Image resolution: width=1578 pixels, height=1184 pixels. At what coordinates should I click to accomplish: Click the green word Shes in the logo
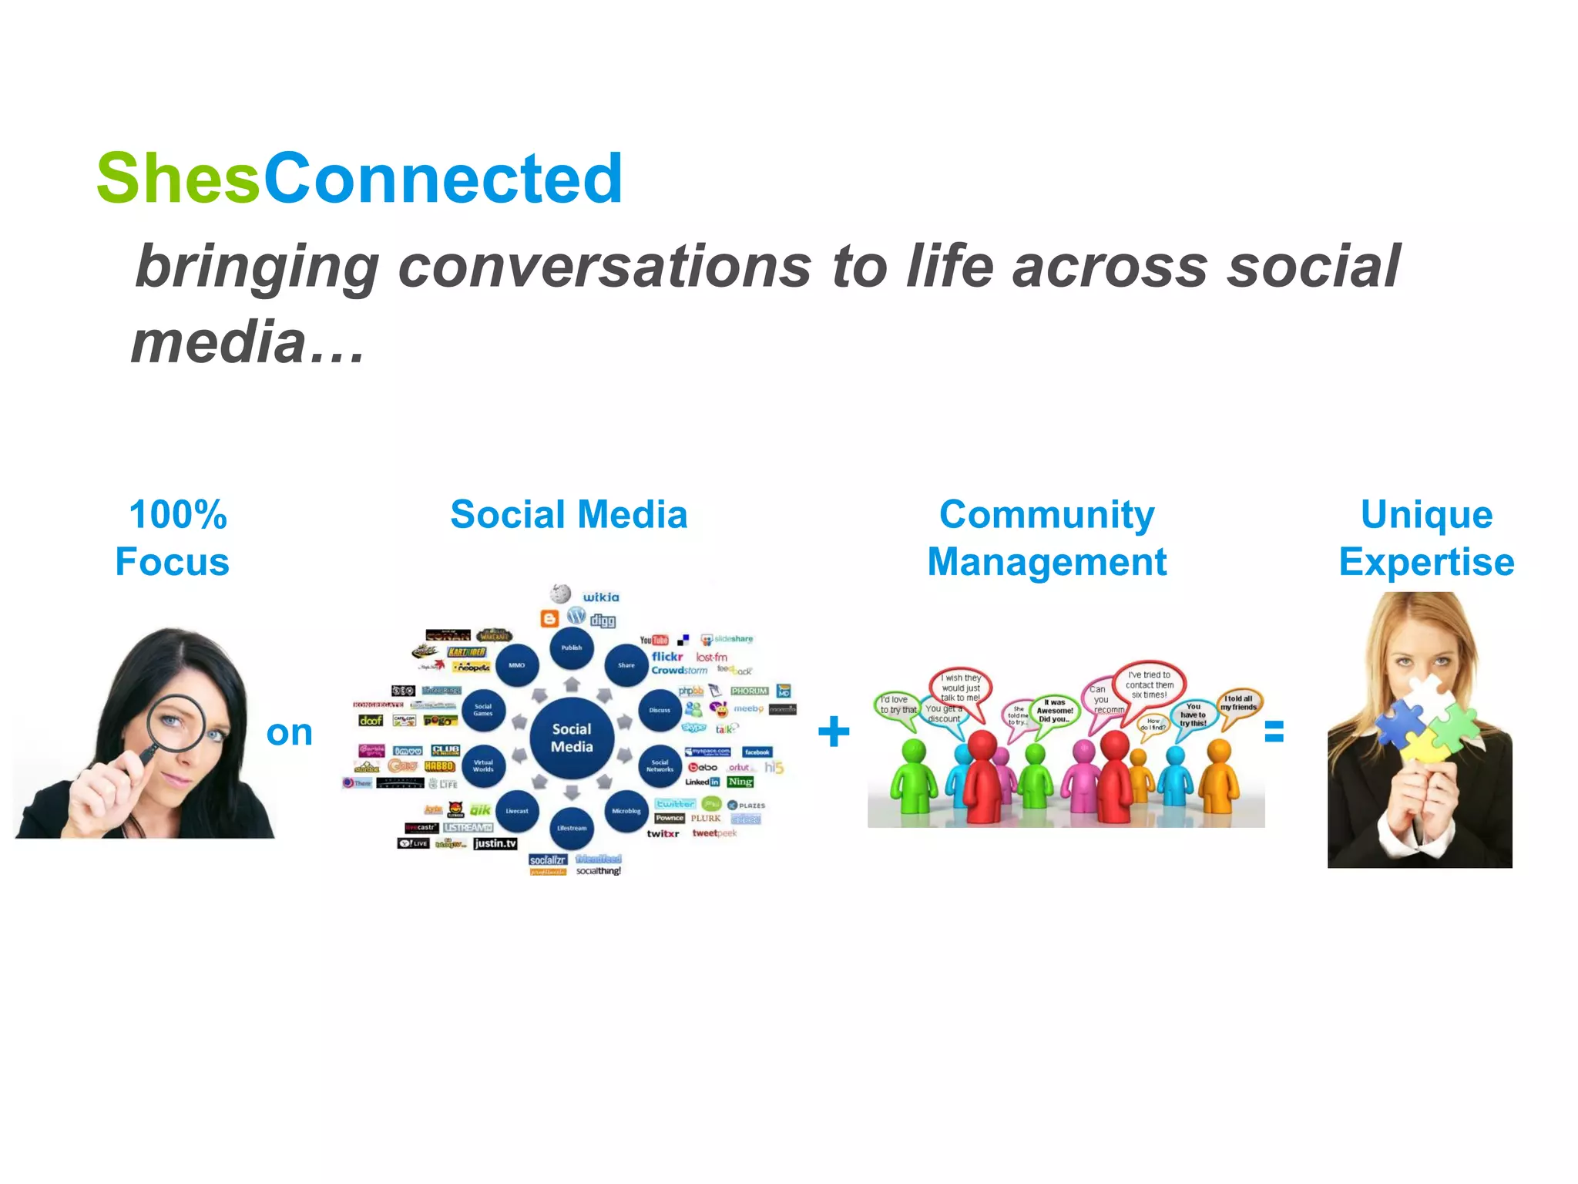click(178, 179)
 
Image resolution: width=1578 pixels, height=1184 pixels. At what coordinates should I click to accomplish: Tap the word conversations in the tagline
click(605, 267)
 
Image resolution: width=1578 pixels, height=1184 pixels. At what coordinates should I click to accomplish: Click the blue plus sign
click(833, 731)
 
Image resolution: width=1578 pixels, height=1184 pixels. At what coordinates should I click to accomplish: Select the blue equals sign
click(1274, 731)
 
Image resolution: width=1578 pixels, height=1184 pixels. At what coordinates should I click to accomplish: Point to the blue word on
click(289, 732)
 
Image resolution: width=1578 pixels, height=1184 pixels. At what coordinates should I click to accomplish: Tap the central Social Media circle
click(572, 738)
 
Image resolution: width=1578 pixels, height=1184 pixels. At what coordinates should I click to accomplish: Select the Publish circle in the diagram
click(571, 647)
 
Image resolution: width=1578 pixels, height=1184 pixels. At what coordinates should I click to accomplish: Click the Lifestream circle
click(571, 827)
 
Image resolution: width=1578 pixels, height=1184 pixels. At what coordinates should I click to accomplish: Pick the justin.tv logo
click(495, 843)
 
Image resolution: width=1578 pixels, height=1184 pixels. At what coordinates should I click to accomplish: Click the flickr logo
click(667, 657)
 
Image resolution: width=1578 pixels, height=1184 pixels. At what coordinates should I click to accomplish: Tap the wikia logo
click(600, 597)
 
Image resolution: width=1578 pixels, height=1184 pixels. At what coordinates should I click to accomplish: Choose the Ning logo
click(740, 782)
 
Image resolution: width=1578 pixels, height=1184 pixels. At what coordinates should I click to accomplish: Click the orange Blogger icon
click(549, 618)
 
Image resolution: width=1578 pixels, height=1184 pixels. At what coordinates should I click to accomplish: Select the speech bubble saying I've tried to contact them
click(1149, 684)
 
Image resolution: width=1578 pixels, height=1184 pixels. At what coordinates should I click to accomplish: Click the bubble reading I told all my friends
click(1239, 703)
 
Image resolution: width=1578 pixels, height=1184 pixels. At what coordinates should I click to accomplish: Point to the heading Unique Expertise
click(1426, 538)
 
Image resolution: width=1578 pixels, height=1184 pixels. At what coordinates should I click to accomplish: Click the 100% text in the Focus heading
click(178, 515)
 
